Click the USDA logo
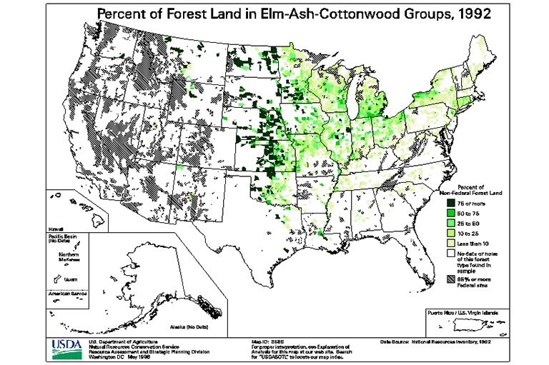tap(66, 349)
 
